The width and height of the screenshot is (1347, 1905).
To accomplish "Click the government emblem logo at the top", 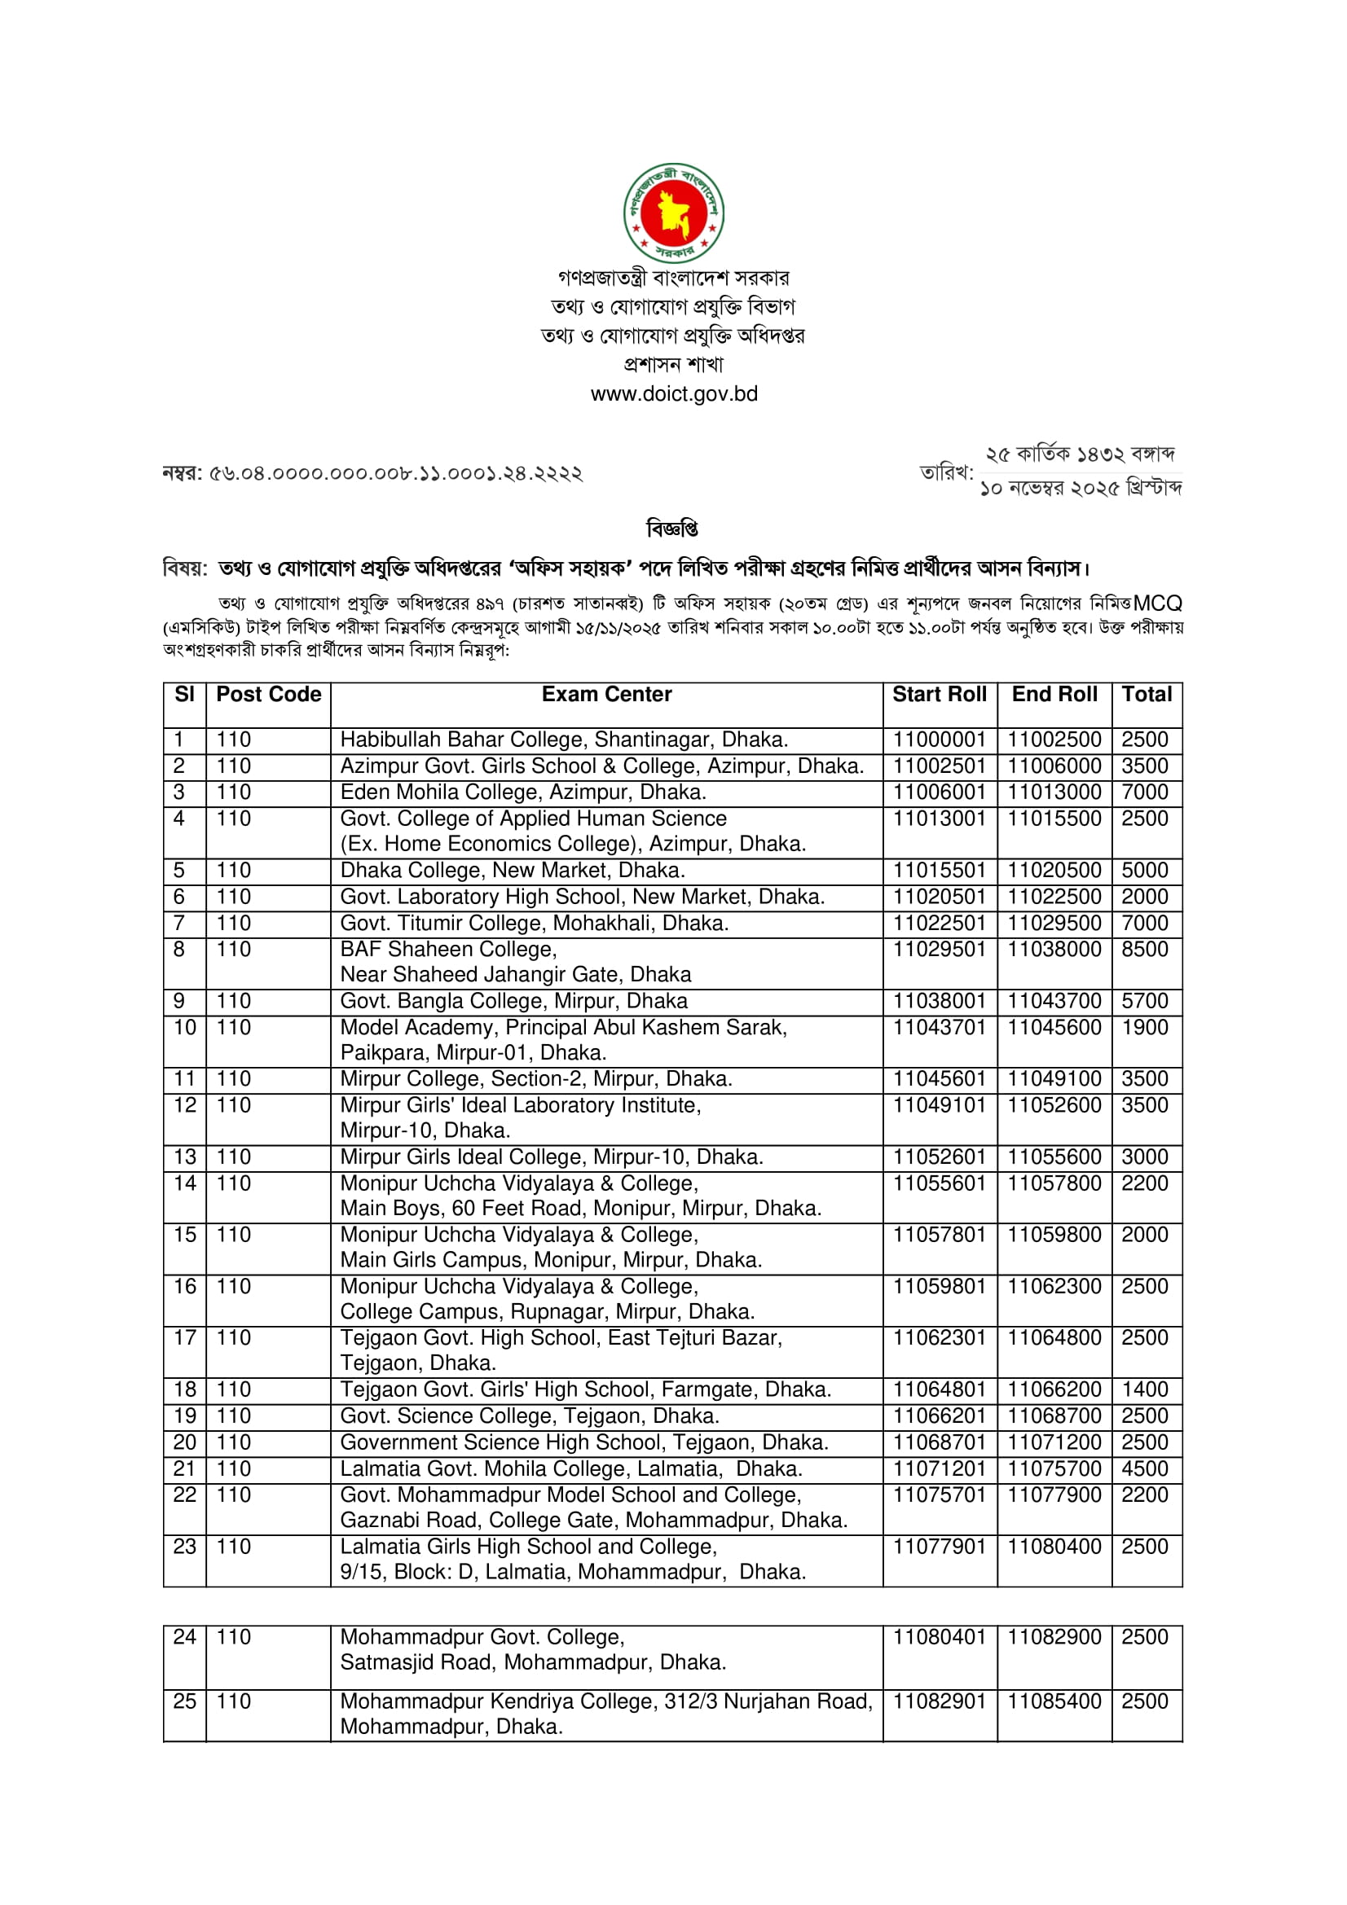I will (x=673, y=213).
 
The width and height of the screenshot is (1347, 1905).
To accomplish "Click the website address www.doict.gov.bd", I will (x=674, y=394).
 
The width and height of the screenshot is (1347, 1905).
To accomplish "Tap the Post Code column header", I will (x=268, y=695).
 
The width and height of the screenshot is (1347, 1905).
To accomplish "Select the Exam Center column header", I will (x=607, y=695).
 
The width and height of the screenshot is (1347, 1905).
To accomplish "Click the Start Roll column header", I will (x=940, y=695).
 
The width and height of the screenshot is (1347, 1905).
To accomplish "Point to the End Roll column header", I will (x=1054, y=695).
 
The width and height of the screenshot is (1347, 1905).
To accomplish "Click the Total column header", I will (x=1147, y=695).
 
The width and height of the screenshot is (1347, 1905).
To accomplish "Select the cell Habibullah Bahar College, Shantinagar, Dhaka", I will (x=564, y=740).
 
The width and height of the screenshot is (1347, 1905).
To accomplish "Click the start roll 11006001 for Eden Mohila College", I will (x=939, y=792).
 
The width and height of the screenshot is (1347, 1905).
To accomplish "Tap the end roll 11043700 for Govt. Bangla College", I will (x=1054, y=1002).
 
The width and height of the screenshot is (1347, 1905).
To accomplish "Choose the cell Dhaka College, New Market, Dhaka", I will (x=512, y=871).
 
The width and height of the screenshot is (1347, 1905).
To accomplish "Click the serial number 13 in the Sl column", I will (x=184, y=1157).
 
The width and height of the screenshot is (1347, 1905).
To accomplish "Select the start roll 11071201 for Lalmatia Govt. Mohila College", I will (x=939, y=1469).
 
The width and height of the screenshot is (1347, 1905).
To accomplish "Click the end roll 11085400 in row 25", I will (x=1054, y=1701).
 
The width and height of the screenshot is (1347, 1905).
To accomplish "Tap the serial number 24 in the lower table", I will (x=184, y=1637).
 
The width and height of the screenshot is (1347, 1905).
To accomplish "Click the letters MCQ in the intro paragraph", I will (x=1157, y=604).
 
